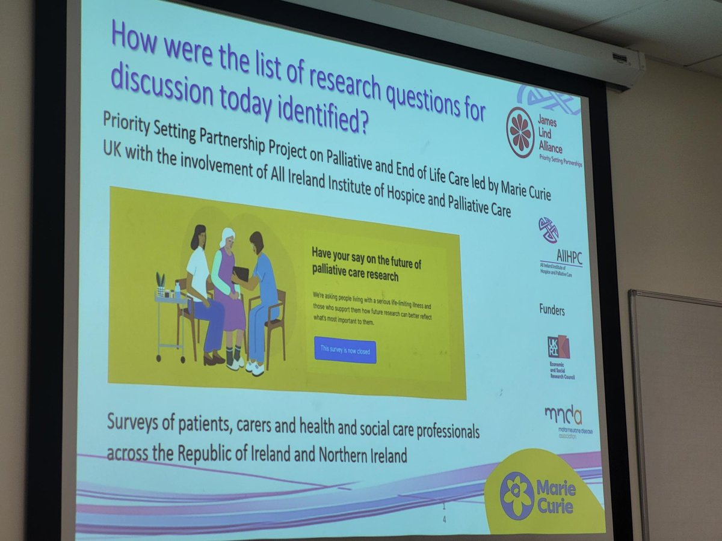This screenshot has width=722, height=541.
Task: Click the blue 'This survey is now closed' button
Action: tap(345, 349)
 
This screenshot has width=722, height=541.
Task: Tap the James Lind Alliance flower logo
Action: tap(520, 132)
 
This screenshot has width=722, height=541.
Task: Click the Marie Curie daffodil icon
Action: tap(517, 495)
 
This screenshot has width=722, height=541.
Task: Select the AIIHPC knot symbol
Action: tap(548, 230)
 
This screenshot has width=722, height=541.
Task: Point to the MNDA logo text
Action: tap(563, 416)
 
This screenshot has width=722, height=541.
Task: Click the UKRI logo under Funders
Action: tap(558, 347)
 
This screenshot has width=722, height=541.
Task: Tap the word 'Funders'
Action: tap(552, 311)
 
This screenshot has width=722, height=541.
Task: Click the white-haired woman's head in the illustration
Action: tap(227, 237)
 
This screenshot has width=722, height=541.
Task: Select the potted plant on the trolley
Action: tap(161, 283)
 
